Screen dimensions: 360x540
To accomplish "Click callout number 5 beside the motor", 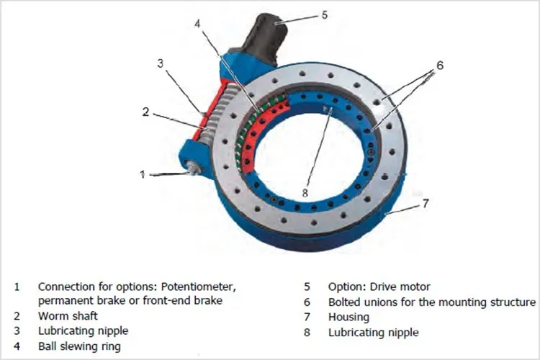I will [x=324, y=14].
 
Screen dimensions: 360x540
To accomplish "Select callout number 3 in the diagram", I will [x=160, y=63].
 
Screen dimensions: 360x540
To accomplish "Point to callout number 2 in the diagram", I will [x=145, y=112].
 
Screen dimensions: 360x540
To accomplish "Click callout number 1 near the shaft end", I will [x=143, y=174].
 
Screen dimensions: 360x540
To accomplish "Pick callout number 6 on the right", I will [x=439, y=65].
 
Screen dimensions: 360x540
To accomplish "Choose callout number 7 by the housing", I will [x=425, y=204].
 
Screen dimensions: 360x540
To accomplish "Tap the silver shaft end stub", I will [x=194, y=170].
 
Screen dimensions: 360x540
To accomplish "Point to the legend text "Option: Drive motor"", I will [x=379, y=286].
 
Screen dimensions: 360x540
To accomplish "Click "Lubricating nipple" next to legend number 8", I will [x=373, y=332].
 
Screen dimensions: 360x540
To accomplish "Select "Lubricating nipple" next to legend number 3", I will [x=83, y=331].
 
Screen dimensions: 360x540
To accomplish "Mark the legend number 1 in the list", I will [x=17, y=286].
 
